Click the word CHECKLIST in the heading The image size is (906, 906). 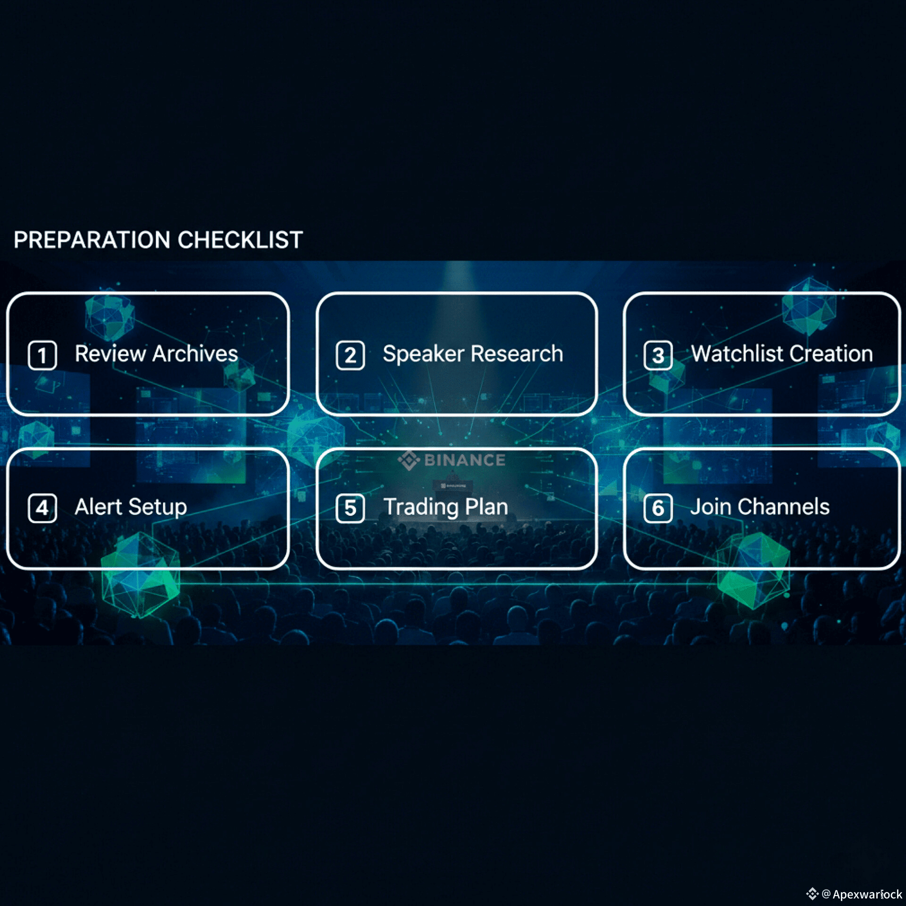pos(240,240)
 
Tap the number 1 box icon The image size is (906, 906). pos(42,355)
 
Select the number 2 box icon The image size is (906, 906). pos(350,355)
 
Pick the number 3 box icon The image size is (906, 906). pos(658,355)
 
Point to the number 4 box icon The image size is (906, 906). pos(42,508)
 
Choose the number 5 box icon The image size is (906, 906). pos(350,508)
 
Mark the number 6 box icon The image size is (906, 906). pos(658,508)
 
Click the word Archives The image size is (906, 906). pos(195,354)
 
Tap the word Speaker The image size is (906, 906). pos(423,354)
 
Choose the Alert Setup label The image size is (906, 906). pos(131,507)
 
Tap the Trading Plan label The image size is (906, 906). pos(445,507)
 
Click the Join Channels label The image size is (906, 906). pos(760,507)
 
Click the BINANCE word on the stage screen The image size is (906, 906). pos(465,460)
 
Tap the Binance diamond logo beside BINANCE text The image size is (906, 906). pos(409,460)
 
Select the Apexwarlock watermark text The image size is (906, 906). pos(867,894)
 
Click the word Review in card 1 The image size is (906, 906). pos(110,354)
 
